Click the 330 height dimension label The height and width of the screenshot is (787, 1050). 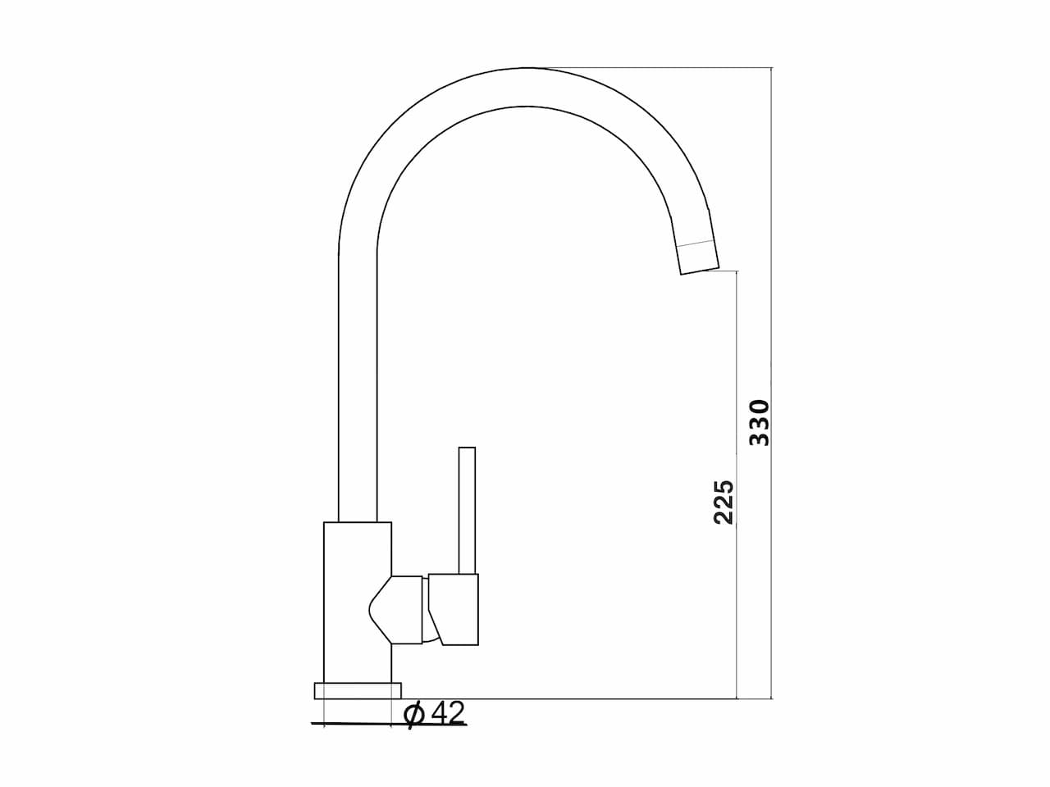pos(759,423)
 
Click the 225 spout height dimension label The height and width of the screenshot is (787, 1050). pos(724,503)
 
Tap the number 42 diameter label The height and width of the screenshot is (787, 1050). pos(448,714)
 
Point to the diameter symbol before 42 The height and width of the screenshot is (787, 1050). pos(413,715)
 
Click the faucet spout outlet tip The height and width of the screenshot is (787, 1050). pos(701,271)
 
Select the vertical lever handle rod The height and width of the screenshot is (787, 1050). pos(467,511)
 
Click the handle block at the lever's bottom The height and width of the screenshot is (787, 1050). pos(454,609)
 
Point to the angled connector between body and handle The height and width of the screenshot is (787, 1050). pos(396,610)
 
